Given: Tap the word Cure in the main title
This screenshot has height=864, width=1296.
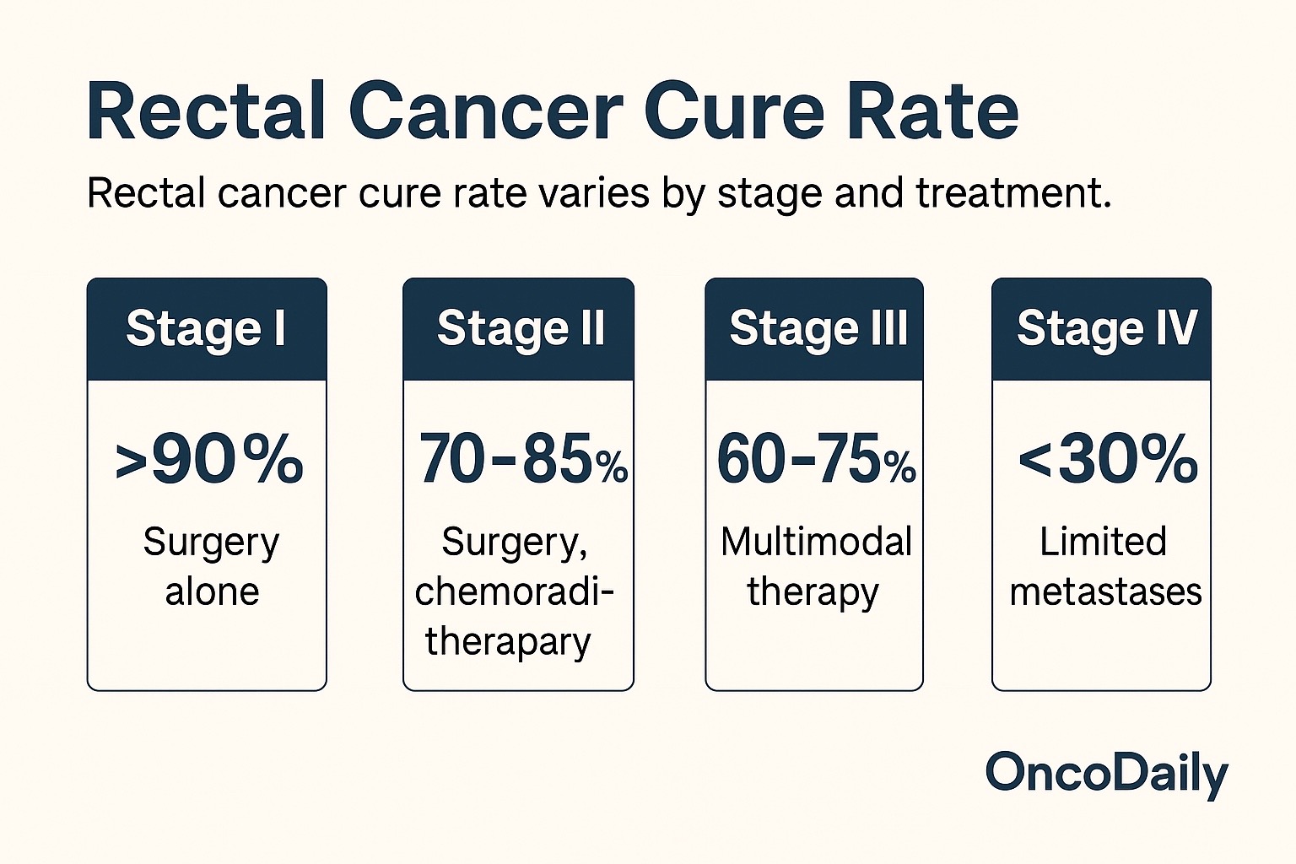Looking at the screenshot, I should coord(734,112).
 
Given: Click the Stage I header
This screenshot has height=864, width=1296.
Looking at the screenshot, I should coord(206,328).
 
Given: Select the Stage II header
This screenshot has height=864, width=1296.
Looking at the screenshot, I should coord(520,328).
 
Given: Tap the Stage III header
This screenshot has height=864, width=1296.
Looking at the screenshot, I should coord(818,328).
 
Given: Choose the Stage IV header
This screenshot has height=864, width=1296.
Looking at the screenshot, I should coord(1106,328).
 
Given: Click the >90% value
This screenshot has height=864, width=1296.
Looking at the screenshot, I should coord(208,461).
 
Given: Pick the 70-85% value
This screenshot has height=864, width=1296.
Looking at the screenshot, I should coord(522,461).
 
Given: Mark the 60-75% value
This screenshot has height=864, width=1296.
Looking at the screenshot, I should coord(816,461).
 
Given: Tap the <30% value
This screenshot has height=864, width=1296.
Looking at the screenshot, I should coord(1107,461).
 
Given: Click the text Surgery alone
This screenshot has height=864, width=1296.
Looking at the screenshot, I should coord(211,566).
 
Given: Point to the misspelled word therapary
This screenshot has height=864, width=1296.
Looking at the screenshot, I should coord(508,641).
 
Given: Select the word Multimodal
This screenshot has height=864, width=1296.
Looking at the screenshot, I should coord(816,542).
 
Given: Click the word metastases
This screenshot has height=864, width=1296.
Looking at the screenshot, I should coord(1105,591).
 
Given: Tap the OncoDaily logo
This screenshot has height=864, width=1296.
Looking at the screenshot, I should coord(1106,773).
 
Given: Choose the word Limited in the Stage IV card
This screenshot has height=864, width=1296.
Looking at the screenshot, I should coord(1103,542).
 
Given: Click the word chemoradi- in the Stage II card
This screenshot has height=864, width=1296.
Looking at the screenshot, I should coord(514,591).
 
